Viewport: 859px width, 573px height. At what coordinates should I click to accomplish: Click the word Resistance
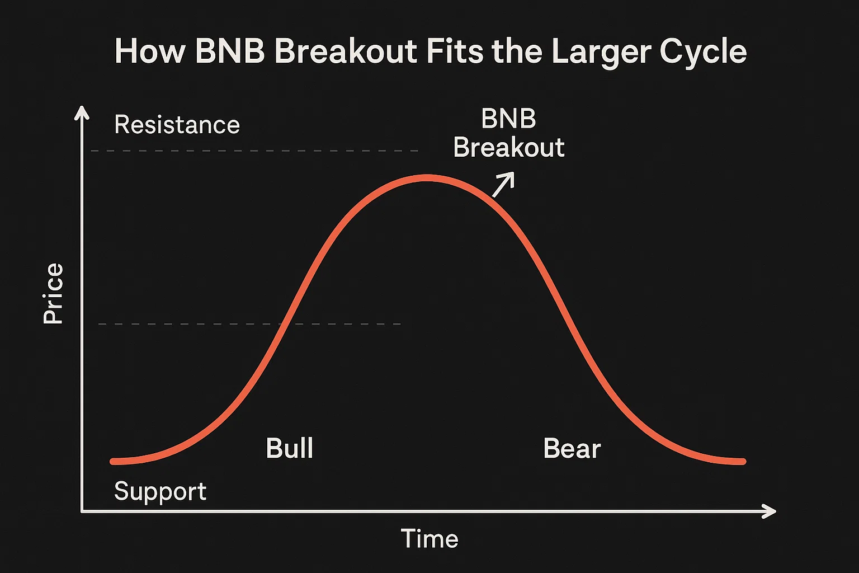pos(177,125)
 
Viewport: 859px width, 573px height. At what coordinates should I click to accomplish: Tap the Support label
pos(161,491)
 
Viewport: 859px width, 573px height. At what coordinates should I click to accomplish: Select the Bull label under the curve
pos(290,448)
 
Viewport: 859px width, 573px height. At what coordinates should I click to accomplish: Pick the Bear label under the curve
pos(572,448)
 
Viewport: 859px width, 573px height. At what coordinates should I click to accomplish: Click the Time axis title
pos(429,538)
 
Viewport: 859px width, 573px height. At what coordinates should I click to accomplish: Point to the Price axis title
pos(53,293)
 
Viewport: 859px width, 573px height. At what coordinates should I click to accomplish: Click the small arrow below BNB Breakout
pos(503,185)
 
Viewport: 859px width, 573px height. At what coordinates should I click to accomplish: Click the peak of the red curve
pos(427,178)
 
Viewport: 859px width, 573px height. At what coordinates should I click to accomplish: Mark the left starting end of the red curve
pos(113,461)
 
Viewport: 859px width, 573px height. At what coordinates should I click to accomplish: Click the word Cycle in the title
pos(704,52)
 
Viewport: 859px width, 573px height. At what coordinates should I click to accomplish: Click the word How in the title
pos(150,51)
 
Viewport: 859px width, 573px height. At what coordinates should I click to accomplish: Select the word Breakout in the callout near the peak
pos(509,147)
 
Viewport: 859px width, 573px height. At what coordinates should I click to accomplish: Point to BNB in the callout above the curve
pos(508,119)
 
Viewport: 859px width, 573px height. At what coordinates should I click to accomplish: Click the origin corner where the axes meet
pos(82,511)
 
